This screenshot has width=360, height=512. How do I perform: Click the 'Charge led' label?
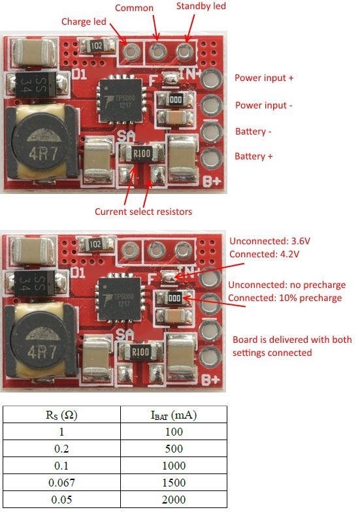click(84, 22)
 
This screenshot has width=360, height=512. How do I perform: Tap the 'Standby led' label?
click(201, 7)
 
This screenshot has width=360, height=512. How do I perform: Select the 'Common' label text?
click(134, 8)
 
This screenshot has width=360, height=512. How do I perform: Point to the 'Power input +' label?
click(264, 78)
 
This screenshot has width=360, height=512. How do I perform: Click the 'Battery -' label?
click(254, 132)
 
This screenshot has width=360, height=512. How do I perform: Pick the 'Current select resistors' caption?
click(143, 212)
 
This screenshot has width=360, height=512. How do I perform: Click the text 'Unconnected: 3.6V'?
click(269, 242)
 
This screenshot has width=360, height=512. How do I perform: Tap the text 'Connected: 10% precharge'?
click(285, 298)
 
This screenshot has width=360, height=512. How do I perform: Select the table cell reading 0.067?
click(61, 483)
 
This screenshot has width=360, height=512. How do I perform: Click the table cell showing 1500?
click(174, 483)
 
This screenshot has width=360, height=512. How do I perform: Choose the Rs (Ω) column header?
click(61, 415)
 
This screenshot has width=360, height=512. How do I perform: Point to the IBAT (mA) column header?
click(174, 415)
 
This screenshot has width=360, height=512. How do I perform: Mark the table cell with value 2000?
click(174, 500)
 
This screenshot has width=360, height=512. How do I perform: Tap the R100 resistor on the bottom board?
click(140, 352)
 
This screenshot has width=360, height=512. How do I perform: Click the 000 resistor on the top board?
click(175, 99)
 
